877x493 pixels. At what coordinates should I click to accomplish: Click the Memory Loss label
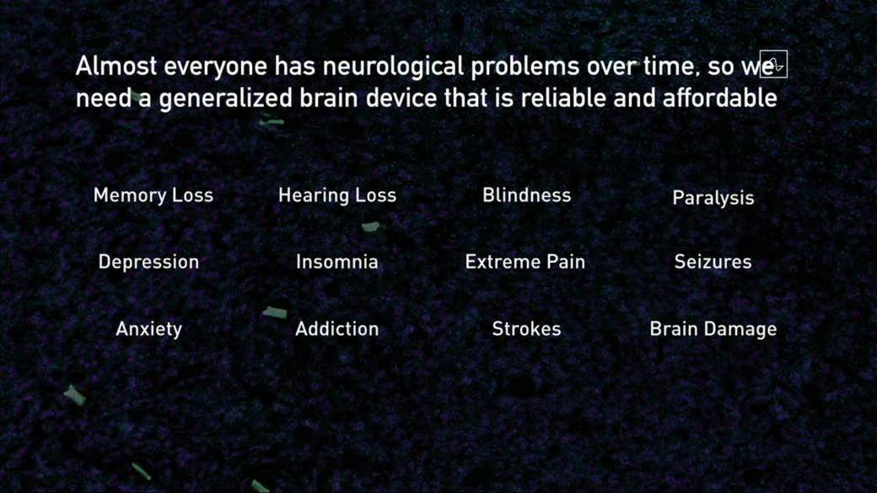pos(153,196)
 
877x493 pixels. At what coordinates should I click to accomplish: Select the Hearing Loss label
pos(337,196)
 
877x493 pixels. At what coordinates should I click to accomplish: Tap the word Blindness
pos(526,196)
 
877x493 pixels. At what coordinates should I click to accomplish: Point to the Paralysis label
pos(713,198)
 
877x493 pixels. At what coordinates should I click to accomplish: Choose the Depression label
pos(148,262)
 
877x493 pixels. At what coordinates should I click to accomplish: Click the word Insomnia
pos(336,262)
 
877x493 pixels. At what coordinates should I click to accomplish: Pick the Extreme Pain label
pos(525,262)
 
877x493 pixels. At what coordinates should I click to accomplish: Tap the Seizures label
pos(713,262)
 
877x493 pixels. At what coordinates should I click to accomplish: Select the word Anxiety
pos(148,329)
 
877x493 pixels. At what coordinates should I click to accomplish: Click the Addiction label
pos(336,329)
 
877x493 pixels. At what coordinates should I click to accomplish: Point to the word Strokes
pos(526,329)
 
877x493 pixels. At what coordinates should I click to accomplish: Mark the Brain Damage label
pos(713,329)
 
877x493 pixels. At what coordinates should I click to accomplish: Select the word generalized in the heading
pos(225,99)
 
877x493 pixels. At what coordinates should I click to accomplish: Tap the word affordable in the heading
pos(719,99)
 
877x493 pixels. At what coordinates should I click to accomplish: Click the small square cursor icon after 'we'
pos(774,64)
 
